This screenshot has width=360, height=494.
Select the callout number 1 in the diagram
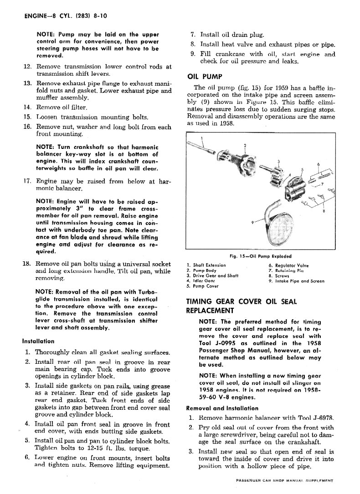[x=202, y=139]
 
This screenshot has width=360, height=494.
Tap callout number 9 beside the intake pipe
[x=252, y=221]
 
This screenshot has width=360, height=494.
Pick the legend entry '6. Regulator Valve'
[x=288, y=265]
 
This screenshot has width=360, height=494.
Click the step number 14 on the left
[x=27, y=107]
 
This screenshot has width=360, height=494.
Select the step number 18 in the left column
[x=27, y=264]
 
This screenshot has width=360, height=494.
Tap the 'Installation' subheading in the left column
[x=38, y=341]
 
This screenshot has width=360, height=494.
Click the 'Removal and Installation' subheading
[x=222, y=408]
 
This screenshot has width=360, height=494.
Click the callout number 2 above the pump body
[x=245, y=146]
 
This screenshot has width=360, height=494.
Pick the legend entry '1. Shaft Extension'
[x=206, y=265]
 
